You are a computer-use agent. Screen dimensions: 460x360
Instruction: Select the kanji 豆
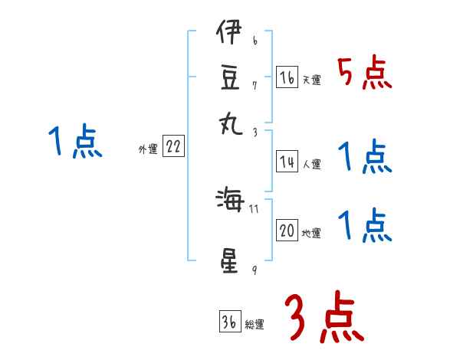coord(228,78)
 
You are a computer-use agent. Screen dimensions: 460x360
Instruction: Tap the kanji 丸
coord(228,123)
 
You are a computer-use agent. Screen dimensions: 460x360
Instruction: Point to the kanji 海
coord(228,201)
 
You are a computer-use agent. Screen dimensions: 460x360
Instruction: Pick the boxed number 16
coord(287,77)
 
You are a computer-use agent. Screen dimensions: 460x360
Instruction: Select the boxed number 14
coord(287,162)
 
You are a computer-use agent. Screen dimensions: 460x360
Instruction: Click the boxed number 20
coord(287,231)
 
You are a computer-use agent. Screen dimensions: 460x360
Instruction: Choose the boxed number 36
coord(228,322)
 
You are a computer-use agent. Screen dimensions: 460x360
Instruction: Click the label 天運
coord(312,80)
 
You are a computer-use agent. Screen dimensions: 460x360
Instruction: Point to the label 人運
coord(312,165)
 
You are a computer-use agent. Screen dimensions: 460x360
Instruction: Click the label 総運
coord(255,325)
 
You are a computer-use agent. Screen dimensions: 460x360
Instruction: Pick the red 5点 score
coord(365,74)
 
